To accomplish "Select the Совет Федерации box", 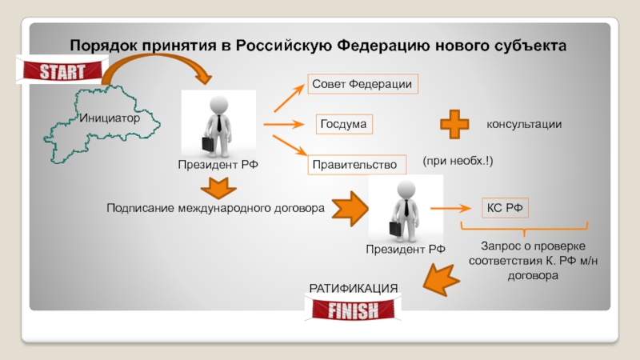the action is [x=364, y=84].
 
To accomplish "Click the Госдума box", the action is [x=344, y=125].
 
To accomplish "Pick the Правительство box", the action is [x=354, y=165].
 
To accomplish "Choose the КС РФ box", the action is [x=505, y=208].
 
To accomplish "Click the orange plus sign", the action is [x=455, y=125].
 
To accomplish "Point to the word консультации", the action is [x=524, y=125].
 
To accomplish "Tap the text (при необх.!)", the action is [x=458, y=162].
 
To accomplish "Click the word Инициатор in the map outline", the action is [x=110, y=118].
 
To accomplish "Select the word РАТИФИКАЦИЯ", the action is [x=354, y=288].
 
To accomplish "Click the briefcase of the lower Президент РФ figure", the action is [x=397, y=227].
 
